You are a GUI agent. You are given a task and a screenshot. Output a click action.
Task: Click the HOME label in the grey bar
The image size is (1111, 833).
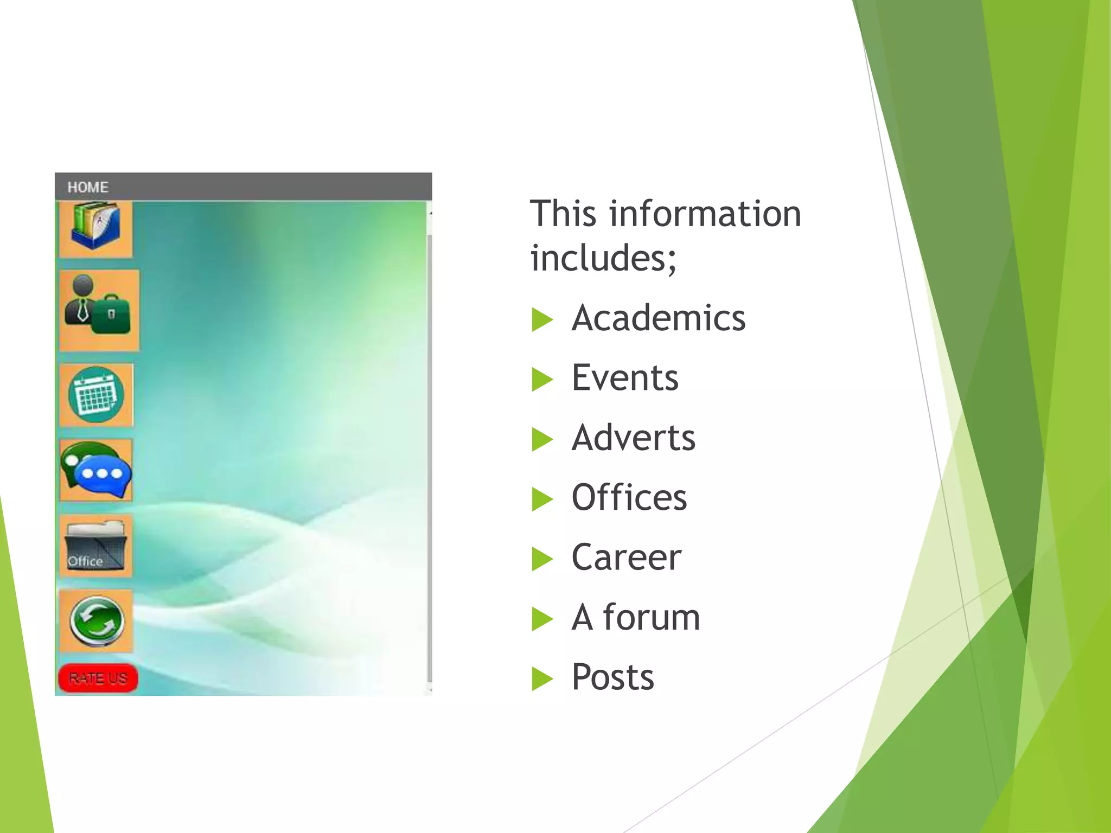click(x=88, y=187)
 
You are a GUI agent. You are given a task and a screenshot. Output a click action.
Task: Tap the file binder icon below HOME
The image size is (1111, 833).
click(x=95, y=227)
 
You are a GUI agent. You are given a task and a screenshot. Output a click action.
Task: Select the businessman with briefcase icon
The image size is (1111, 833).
click(x=99, y=310)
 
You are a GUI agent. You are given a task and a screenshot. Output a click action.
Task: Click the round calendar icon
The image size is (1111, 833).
click(x=97, y=395)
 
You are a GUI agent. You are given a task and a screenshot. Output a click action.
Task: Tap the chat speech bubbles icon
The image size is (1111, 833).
click(x=97, y=470)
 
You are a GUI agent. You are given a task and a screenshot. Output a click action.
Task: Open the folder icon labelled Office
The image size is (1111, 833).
click(x=96, y=546)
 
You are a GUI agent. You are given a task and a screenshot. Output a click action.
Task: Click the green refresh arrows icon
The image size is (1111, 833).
click(x=97, y=621)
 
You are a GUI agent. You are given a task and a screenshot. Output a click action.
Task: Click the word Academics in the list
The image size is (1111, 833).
click(x=659, y=318)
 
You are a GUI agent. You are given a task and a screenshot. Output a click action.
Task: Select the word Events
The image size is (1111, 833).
click(x=625, y=377)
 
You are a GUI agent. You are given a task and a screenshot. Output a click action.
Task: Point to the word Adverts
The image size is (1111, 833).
click(x=633, y=438)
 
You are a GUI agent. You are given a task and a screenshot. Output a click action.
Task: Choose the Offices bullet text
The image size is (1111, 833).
click(x=629, y=497)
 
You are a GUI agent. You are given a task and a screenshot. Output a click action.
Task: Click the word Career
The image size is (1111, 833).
click(x=626, y=558)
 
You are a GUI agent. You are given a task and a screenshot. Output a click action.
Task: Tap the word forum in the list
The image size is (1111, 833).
click(x=652, y=617)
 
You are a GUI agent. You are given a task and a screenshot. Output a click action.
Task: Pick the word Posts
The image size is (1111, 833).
click(x=613, y=677)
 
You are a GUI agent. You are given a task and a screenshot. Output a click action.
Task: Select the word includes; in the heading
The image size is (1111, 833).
click(x=603, y=258)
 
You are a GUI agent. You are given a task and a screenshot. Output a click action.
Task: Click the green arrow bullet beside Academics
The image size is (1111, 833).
click(x=542, y=319)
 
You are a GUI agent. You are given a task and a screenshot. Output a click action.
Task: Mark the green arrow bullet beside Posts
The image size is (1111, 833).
click(x=542, y=679)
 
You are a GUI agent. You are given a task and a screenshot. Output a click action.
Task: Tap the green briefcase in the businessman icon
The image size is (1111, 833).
click(x=112, y=315)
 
